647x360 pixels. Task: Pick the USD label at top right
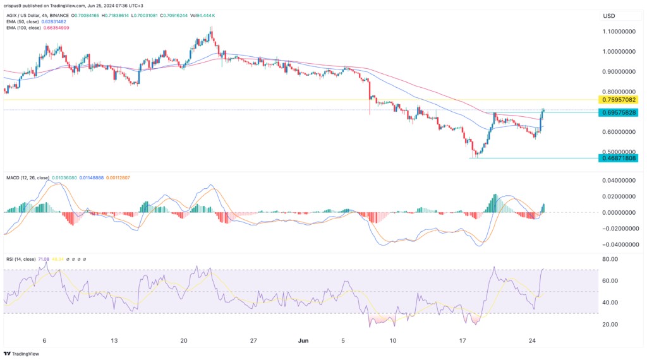click(609, 15)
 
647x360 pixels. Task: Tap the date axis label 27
click(253, 340)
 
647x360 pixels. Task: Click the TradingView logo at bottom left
click(21, 354)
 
